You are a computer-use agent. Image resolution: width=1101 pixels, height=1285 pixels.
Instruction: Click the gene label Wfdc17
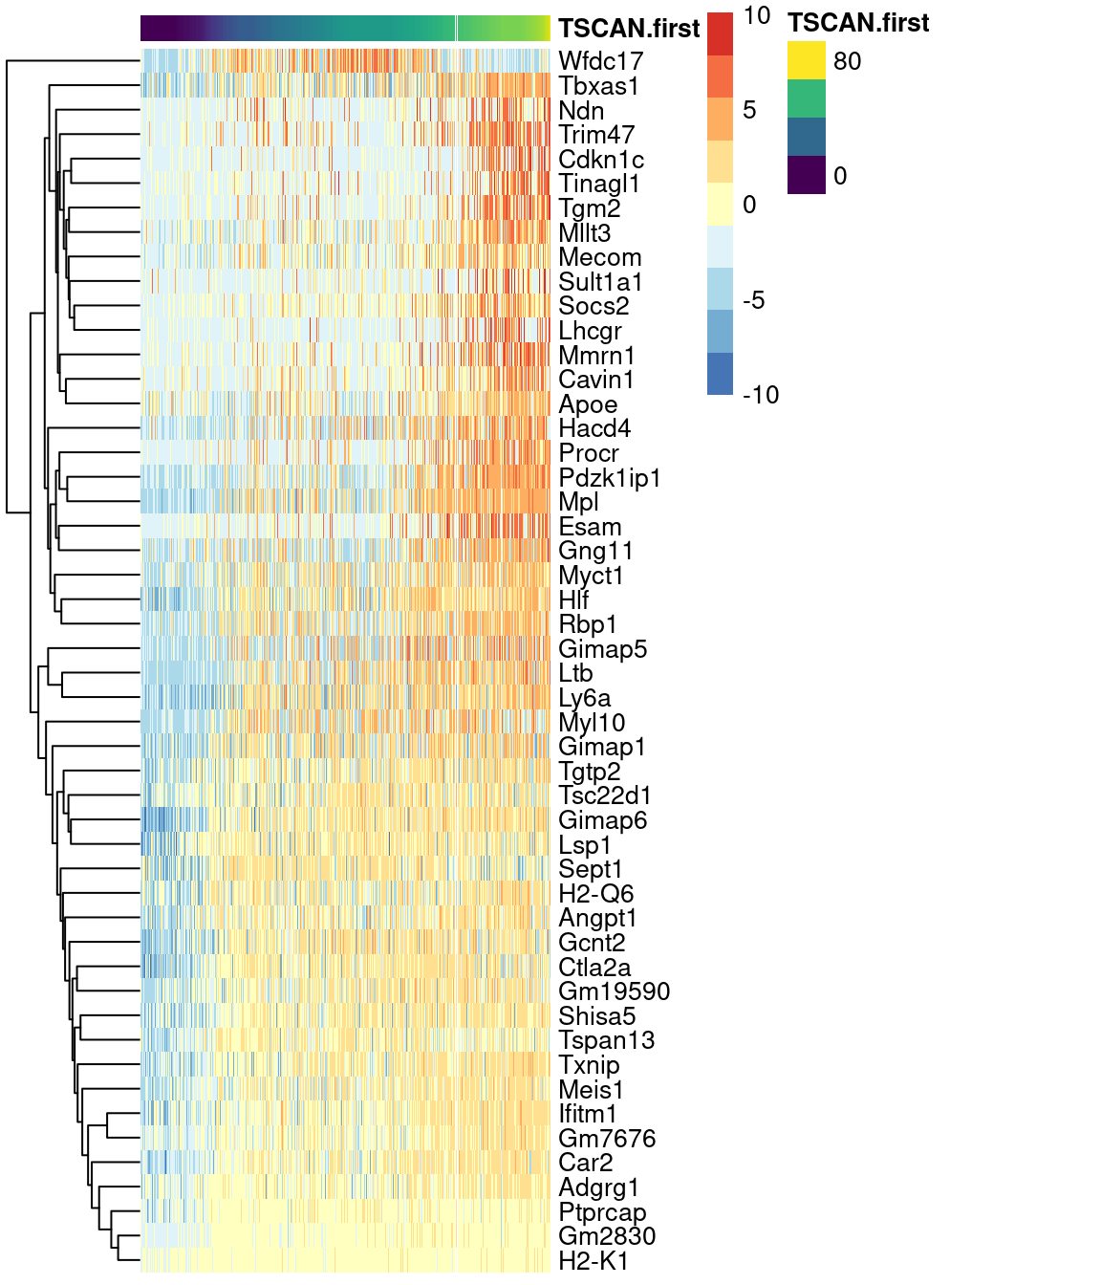[x=600, y=61]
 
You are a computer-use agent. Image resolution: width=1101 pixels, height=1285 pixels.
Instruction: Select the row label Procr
[x=588, y=453]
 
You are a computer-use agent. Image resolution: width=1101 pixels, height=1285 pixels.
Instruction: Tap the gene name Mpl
[x=578, y=502]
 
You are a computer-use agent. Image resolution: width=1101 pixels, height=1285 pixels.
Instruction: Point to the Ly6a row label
[x=584, y=698]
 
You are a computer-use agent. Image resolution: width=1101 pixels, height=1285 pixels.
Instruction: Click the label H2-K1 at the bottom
[x=594, y=1261]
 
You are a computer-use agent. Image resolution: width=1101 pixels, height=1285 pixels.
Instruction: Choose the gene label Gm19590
[x=614, y=991]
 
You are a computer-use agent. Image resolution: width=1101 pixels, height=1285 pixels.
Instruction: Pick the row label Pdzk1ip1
[x=609, y=478]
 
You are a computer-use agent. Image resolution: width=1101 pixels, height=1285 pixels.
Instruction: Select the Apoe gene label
[x=587, y=404]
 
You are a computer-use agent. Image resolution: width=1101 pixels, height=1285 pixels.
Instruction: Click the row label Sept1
[x=590, y=869]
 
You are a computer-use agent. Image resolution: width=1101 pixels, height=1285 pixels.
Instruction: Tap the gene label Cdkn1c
[x=600, y=160]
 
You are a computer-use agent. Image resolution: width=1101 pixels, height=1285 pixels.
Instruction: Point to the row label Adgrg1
[x=598, y=1187]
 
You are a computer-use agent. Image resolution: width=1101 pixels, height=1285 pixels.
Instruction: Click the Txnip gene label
[x=589, y=1065]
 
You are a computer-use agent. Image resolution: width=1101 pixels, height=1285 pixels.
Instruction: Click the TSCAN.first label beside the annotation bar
[x=629, y=29]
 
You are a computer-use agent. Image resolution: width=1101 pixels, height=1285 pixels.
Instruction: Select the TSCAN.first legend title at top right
[x=858, y=23]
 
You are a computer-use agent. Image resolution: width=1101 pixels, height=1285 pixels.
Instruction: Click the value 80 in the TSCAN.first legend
[x=847, y=61]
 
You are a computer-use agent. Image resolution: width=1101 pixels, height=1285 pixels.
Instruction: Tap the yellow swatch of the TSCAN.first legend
[x=806, y=60]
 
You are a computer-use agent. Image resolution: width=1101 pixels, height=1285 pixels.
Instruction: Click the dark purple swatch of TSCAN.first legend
[x=806, y=175]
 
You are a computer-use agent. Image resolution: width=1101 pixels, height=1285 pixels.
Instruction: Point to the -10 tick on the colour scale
[x=760, y=395]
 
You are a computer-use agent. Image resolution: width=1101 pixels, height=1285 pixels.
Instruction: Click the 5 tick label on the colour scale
[x=749, y=110]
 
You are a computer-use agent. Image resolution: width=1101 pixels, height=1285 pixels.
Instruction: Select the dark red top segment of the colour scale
[x=720, y=33]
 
